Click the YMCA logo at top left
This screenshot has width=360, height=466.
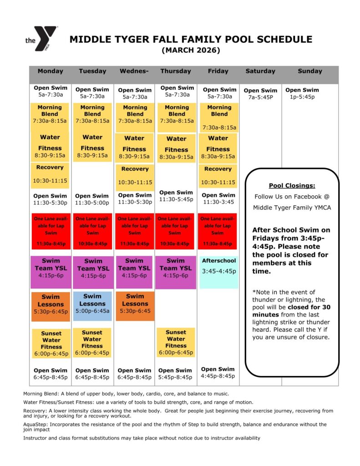click(42, 39)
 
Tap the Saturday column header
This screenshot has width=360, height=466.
click(260, 71)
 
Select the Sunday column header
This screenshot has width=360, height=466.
click(310, 71)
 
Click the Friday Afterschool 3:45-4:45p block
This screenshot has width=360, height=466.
click(219, 272)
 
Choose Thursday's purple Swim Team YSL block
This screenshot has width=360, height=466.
click(176, 272)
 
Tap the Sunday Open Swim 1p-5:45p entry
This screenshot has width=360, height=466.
click(302, 93)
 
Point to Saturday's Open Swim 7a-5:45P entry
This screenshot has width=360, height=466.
click(260, 94)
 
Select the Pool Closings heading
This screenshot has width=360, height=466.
click(292, 186)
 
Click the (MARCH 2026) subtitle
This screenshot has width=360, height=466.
click(191, 50)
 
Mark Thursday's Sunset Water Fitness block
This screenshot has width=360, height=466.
click(176, 342)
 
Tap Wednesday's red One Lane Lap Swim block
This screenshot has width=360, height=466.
click(134, 231)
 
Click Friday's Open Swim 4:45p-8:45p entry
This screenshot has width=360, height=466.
click(218, 372)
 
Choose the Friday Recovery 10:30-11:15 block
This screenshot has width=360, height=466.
click(218, 175)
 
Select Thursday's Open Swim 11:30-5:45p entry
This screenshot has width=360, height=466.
click(176, 196)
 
